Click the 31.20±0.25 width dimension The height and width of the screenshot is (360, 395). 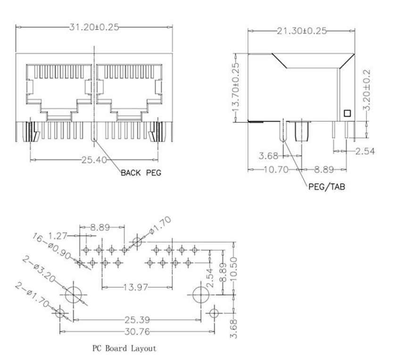coord(94,27)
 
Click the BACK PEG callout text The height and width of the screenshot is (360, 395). coord(141,173)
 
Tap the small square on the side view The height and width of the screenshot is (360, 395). coord(347,113)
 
